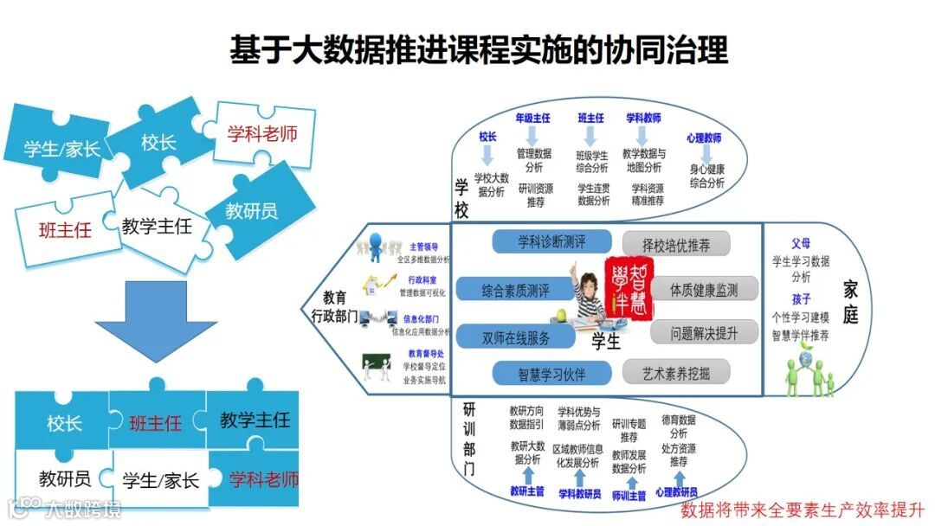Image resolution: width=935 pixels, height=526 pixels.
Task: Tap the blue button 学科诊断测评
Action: tap(539, 241)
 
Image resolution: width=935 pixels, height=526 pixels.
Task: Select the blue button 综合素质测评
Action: tap(515, 289)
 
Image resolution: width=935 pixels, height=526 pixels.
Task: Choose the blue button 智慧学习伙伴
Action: tap(539, 373)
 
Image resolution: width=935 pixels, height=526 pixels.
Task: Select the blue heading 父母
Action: tap(800, 243)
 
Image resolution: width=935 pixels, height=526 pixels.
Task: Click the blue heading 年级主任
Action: tap(532, 118)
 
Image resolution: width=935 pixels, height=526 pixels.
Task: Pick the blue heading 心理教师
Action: tap(704, 138)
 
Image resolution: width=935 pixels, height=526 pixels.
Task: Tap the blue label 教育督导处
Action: tap(426, 354)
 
